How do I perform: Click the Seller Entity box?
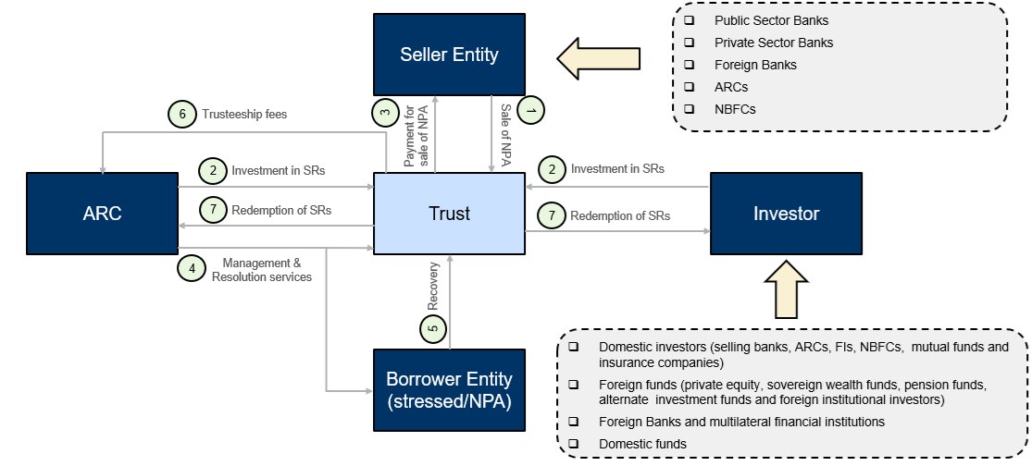(x=449, y=54)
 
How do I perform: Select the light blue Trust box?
(x=449, y=214)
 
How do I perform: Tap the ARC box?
(x=102, y=214)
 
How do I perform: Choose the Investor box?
(x=785, y=214)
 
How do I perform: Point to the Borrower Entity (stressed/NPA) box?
(x=449, y=389)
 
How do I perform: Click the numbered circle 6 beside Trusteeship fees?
(x=182, y=115)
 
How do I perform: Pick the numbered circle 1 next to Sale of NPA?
(x=530, y=109)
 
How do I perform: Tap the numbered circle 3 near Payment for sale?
(x=385, y=113)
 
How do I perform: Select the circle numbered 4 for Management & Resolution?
(x=192, y=268)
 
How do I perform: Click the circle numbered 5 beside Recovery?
(x=432, y=326)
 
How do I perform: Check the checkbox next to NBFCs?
(x=689, y=109)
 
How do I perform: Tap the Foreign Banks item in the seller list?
(x=755, y=65)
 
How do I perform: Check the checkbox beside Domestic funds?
(x=575, y=444)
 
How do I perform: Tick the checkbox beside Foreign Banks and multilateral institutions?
(x=575, y=422)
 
